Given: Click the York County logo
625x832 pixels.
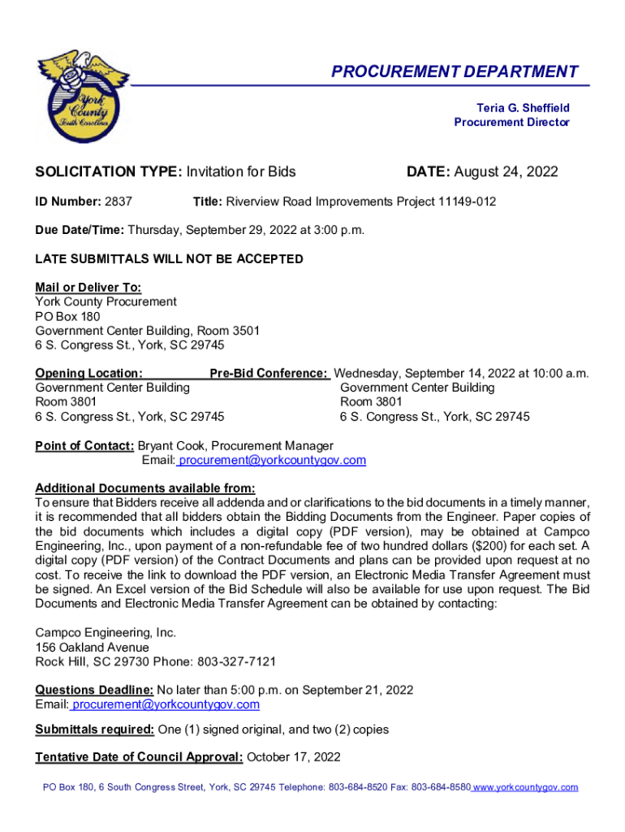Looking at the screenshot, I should [84, 95].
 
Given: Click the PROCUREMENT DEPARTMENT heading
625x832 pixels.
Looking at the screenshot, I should [455, 72].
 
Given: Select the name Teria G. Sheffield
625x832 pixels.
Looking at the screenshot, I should [523, 108].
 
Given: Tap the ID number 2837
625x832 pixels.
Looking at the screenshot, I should [119, 201].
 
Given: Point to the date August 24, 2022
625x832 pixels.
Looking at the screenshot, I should [506, 172].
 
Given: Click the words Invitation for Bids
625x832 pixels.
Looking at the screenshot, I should [241, 172].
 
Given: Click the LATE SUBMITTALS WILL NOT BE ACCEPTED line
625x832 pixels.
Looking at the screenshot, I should [169, 259].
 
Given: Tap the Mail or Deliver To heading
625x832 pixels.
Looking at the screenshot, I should [88, 287].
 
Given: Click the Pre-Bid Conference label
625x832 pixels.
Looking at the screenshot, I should [269, 374].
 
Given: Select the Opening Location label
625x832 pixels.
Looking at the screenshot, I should [88, 374].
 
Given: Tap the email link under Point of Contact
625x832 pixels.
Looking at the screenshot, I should [272, 461].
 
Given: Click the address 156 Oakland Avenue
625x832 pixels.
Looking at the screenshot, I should [92, 648].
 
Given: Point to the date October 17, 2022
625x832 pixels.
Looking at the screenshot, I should [293, 757].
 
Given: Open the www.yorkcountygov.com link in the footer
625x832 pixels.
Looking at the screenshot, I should [526, 787].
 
